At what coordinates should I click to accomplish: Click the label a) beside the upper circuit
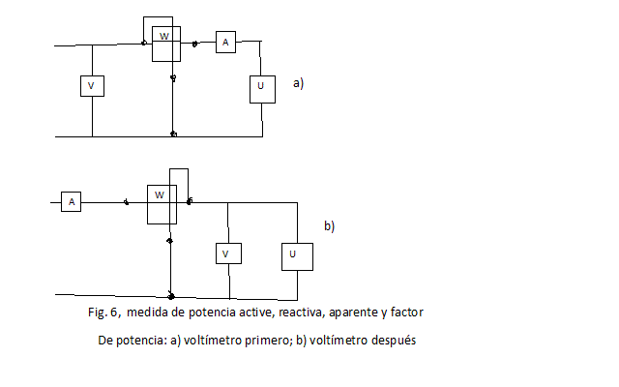299,83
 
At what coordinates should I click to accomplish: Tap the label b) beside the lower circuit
329,225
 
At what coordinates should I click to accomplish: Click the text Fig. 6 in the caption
103,313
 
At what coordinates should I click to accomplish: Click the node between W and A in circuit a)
194,44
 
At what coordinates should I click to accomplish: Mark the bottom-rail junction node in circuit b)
171,296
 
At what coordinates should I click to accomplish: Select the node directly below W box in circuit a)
173,77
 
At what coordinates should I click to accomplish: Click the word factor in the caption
407,313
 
